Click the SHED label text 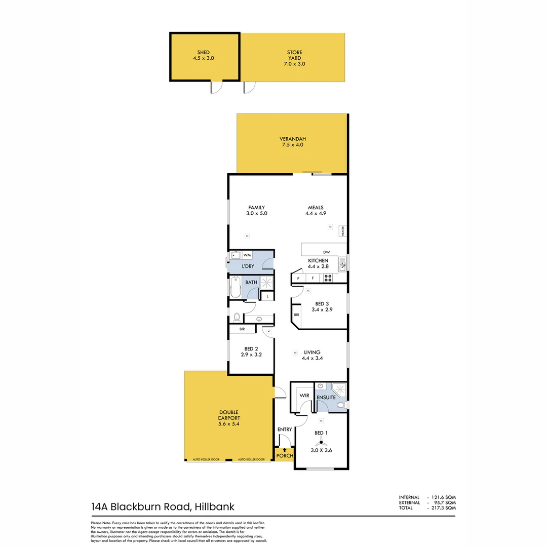pyautogui.click(x=204, y=52)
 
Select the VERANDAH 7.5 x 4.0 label pyautogui.click(x=293, y=142)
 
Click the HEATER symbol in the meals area pyautogui.click(x=343, y=231)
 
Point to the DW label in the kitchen pyautogui.click(x=326, y=252)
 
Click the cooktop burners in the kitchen pyautogui.click(x=328, y=278)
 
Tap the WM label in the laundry pyautogui.click(x=247, y=255)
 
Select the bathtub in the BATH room pyautogui.click(x=235, y=287)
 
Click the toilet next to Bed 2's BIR pyautogui.click(x=237, y=317)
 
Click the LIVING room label pyautogui.click(x=312, y=352)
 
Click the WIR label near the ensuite pyautogui.click(x=304, y=395)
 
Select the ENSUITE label pyautogui.click(x=326, y=398)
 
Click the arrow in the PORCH pyautogui.click(x=285, y=449)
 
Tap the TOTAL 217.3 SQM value pyautogui.click(x=445, y=507)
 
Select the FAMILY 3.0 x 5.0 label pyautogui.click(x=257, y=210)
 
